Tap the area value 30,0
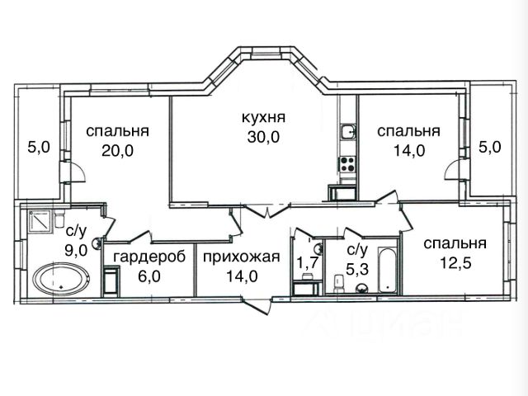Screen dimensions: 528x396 coord(263,138)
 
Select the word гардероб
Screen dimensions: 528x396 coord(144,257)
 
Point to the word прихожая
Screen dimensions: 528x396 coord(242,257)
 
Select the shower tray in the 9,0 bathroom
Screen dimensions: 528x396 coord(40,219)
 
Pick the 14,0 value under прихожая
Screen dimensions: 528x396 coord(242,276)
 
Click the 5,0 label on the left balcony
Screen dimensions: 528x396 coord(39,148)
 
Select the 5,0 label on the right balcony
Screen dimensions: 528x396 coord(490,148)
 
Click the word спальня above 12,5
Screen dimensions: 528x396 coord(455,243)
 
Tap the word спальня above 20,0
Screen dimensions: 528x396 coord(117,130)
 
